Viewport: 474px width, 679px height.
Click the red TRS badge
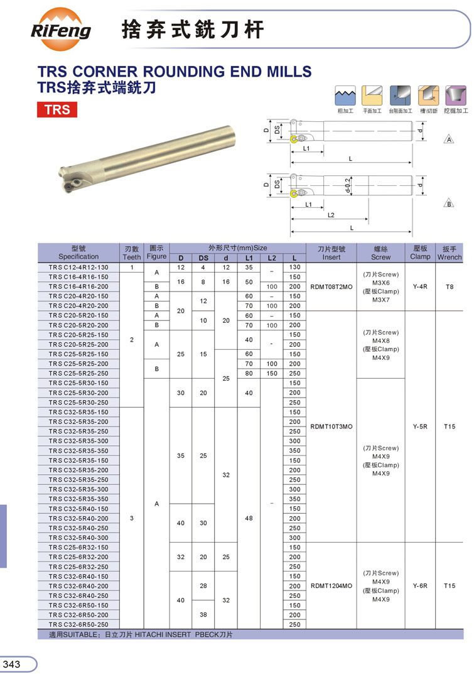click(57, 110)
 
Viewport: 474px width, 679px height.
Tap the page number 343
click(13, 665)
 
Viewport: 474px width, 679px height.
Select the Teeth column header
click(132, 253)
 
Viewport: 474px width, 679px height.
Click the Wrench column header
click(449, 253)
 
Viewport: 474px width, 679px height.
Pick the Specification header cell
click(78, 253)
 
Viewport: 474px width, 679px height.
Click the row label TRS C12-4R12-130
click(78, 268)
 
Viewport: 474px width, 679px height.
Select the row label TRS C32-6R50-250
click(78, 625)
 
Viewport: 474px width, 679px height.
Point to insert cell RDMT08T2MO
click(331, 286)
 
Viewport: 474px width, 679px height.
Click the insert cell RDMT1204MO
click(331, 586)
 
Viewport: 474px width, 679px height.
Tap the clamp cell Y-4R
click(420, 286)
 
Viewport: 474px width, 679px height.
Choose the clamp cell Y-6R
click(420, 586)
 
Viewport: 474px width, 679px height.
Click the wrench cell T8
click(449, 286)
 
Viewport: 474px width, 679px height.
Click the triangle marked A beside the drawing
click(450, 139)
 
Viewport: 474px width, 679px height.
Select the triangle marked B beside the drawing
click(450, 204)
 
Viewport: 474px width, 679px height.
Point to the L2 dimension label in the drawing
click(331, 215)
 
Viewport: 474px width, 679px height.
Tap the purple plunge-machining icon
click(455, 96)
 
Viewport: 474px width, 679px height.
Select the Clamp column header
click(420, 253)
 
